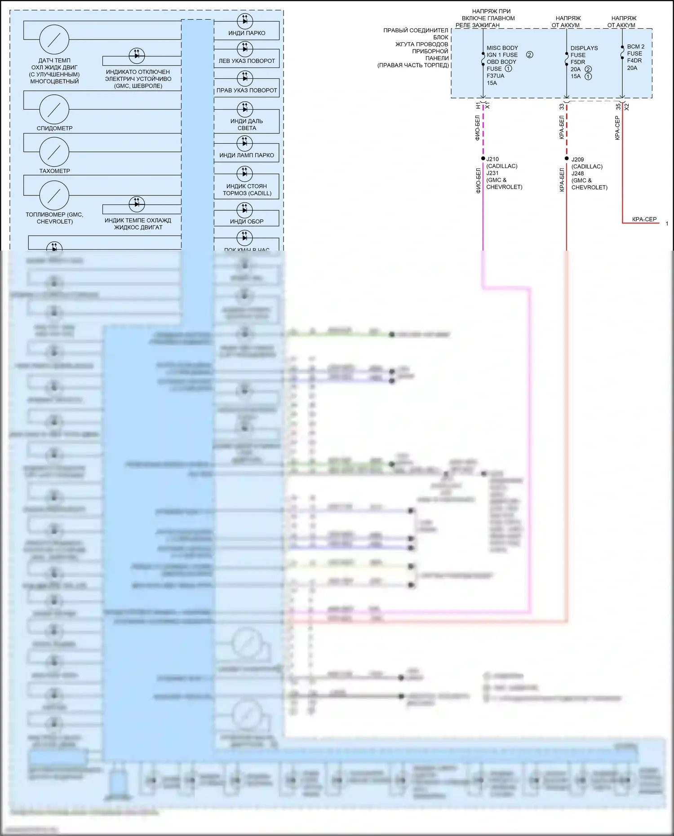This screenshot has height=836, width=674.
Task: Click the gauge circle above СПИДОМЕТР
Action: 54,109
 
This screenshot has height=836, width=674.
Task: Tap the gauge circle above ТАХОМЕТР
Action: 54,152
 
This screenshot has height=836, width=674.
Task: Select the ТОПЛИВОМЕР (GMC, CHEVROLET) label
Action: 54,218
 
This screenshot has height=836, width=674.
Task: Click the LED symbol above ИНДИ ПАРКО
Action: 245,21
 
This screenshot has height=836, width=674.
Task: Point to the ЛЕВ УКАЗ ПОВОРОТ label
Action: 247,61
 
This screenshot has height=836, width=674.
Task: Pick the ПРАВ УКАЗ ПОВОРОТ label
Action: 247,90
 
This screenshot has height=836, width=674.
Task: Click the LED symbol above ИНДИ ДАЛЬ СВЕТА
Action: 245,109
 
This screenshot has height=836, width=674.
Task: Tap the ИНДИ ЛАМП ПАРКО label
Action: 247,155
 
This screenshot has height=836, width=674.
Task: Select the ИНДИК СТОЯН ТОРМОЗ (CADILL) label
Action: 247,190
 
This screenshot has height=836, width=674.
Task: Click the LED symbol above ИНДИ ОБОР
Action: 245,209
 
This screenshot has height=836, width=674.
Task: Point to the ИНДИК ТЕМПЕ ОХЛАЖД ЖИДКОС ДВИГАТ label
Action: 138,224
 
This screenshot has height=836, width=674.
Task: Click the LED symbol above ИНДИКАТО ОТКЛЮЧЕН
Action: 137,55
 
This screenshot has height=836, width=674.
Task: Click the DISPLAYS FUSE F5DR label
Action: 584,55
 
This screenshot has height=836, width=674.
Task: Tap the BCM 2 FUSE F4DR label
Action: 635,53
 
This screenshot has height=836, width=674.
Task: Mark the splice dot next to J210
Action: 483,159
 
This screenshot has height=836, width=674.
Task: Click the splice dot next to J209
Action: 567,159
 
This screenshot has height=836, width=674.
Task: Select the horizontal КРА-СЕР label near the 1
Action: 644,219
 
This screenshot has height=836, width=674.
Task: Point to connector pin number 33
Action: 562,107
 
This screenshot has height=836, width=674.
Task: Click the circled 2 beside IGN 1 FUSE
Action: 530,55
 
